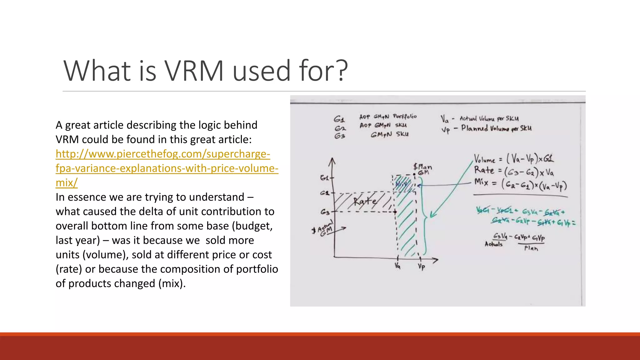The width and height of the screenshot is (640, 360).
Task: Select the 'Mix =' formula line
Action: (520, 185)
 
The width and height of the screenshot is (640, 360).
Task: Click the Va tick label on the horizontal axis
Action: (397, 266)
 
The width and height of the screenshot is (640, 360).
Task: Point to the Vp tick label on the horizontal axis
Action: (421, 267)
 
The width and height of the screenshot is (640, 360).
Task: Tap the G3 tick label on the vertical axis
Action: (325, 212)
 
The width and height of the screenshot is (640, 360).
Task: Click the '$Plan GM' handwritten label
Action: (423, 169)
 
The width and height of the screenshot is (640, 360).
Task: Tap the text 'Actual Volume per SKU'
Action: (489, 119)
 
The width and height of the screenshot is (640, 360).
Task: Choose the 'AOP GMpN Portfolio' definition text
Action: (388, 117)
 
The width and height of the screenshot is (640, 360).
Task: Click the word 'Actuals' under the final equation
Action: (493, 244)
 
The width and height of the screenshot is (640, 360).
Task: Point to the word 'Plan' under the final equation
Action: (531, 248)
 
